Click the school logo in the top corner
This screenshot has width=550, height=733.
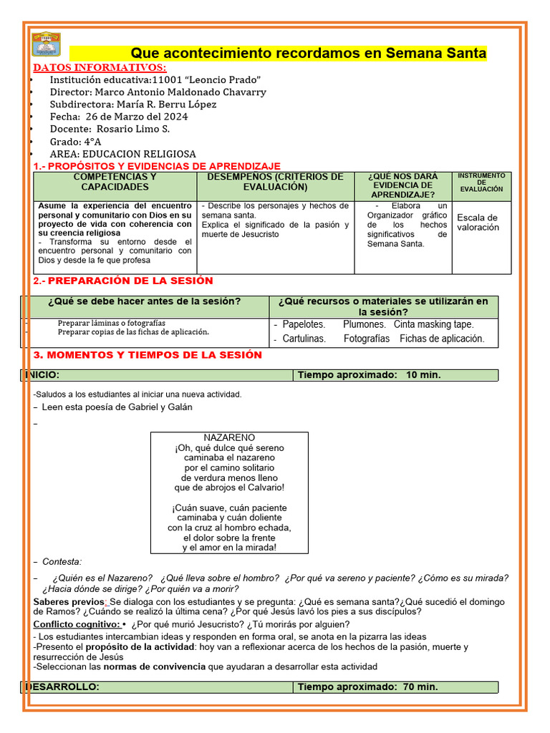tap(47, 44)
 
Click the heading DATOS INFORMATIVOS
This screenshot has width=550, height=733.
tap(100, 67)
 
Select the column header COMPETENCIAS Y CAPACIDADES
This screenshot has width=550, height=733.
tap(115, 182)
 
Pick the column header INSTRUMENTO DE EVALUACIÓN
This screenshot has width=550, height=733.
tap(481, 182)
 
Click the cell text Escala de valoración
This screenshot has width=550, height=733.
tap(478, 222)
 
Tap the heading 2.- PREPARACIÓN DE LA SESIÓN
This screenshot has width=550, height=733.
tap(123, 281)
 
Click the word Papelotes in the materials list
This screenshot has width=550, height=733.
tap(304, 324)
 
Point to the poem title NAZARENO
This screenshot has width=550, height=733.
tap(229, 437)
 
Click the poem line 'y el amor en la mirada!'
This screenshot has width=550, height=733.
tap(229, 548)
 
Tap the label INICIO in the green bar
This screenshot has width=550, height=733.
tap(43, 375)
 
